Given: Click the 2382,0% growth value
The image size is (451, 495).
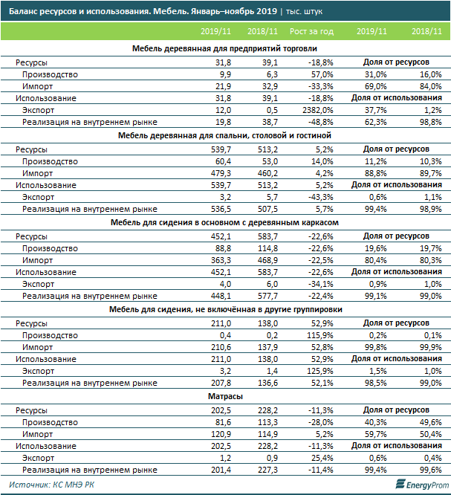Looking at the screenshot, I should [316, 111].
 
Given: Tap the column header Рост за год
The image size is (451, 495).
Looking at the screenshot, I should [311, 31].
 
